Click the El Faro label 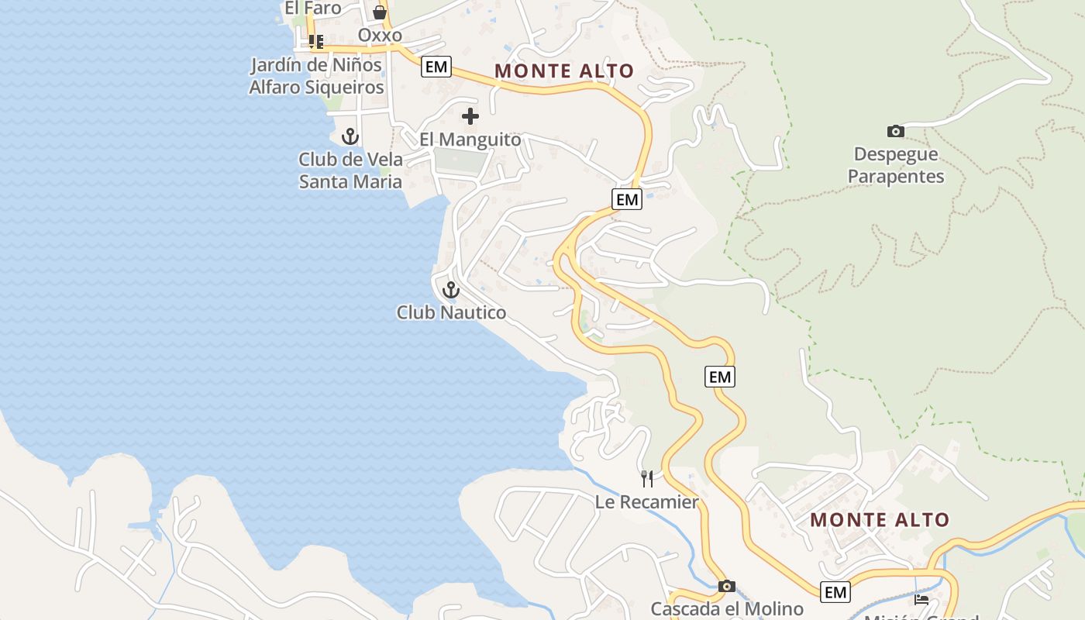click(x=313, y=9)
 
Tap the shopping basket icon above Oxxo click(x=380, y=12)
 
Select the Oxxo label click(x=380, y=36)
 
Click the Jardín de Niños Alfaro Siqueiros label click(x=316, y=76)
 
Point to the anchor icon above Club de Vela click(x=350, y=137)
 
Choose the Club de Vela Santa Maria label click(x=350, y=170)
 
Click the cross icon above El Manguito click(x=470, y=117)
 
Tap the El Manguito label click(x=470, y=139)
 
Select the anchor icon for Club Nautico click(x=451, y=291)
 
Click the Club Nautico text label click(x=451, y=312)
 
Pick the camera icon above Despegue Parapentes click(x=895, y=132)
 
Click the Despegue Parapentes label click(x=895, y=165)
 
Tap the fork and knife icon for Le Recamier click(x=647, y=478)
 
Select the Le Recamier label click(x=647, y=502)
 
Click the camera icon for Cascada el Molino click(x=726, y=587)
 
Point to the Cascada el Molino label click(x=726, y=608)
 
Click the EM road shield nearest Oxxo click(x=436, y=67)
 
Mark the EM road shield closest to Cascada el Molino click(x=835, y=592)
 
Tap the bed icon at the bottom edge click(x=921, y=599)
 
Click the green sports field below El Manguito click(x=462, y=161)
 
